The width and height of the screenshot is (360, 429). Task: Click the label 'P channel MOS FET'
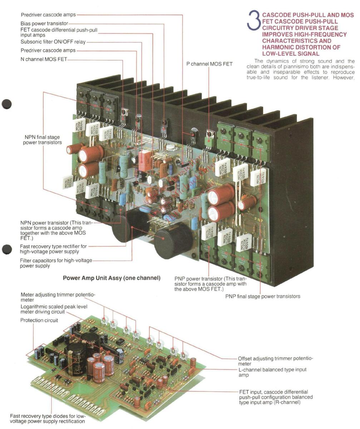point(209,64)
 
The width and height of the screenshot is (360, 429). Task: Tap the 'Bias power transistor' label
point(44,23)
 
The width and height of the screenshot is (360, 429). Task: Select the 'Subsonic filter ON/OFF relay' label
point(53,42)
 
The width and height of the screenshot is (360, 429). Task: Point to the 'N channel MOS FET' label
point(44,59)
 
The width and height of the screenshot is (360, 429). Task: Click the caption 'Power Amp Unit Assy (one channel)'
point(112,278)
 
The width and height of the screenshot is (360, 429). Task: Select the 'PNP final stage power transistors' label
point(263,296)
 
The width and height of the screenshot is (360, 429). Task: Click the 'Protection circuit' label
point(39,320)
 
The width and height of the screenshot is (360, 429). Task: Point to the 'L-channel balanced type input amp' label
point(272,372)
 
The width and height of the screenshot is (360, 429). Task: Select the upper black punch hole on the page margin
point(6,104)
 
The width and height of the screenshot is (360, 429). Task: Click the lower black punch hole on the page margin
point(6,249)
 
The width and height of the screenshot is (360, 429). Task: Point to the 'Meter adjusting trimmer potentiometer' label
point(58,297)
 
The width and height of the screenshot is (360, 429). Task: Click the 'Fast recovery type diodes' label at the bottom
point(47,418)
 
